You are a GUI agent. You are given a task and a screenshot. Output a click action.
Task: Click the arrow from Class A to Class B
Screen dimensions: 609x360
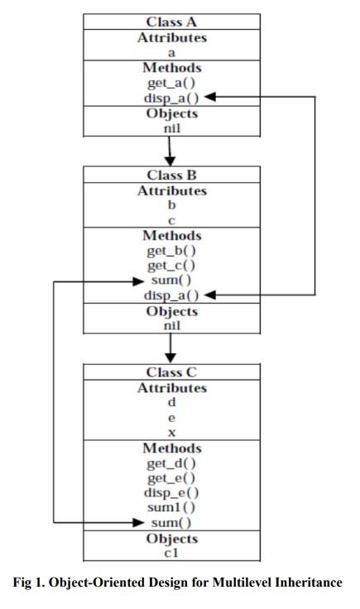[x=170, y=151]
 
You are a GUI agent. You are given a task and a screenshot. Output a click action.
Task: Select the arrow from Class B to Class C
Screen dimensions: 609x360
[x=170, y=348]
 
